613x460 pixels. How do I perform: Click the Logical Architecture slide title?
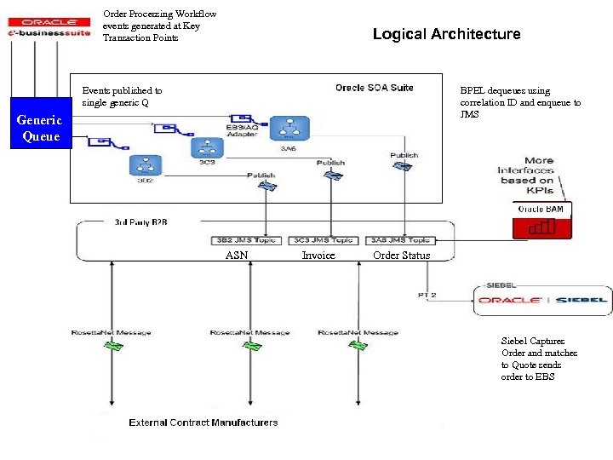click(446, 34)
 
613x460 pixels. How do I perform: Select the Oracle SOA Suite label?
click(374, 88)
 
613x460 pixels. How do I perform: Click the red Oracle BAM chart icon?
click(541, 227)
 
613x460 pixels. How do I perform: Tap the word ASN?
click(237, 256)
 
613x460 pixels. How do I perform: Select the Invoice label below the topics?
click(318, 256)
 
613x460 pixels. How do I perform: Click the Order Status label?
click(402, 256)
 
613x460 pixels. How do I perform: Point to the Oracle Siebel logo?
click(542, 300)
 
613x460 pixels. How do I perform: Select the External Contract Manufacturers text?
click(203, 423)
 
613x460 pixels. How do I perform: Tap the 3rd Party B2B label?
click(141, 221)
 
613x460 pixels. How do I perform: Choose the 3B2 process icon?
click(145, 165)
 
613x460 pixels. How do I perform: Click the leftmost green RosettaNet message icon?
click(112, 346)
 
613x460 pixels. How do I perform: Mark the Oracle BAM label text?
click(541, 209)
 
